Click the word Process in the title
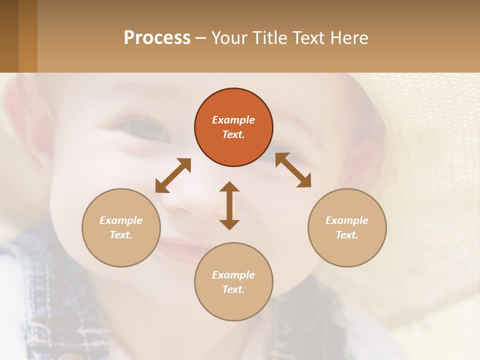click(157, 38)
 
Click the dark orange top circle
click(233, 127)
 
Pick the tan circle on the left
click(121, 227)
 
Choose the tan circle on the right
click(347, 227)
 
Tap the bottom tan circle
click(233, 281)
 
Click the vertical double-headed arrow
click(229, 205)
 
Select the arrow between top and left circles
click(173, 175)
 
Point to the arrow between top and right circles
click(293, 170)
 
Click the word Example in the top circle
click(233, 120)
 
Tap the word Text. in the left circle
click(121, 235)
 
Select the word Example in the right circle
click(347, 220)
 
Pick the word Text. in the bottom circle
click(233, 289)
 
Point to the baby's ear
click(25, 125)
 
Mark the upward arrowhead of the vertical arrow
click(229, 186)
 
